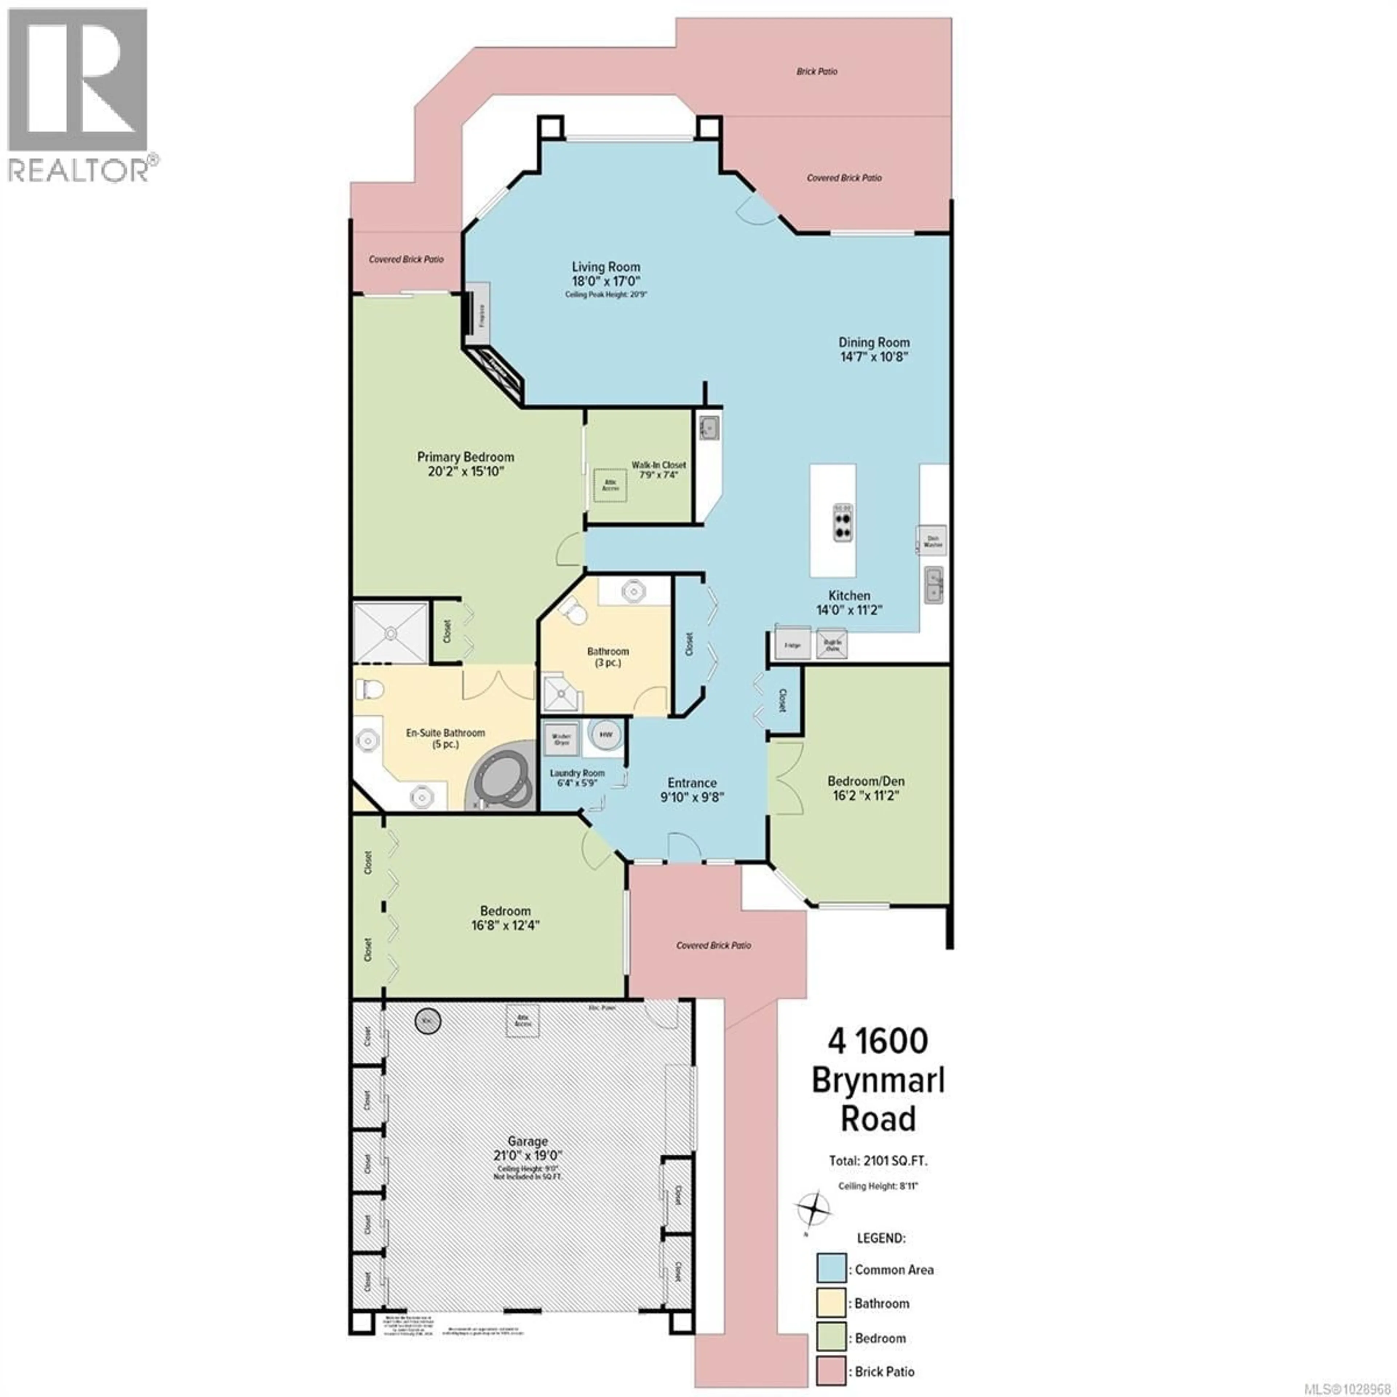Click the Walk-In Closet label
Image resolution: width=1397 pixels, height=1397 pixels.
pyautogui.click(x=658, y=465)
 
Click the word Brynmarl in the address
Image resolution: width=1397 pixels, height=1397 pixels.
pyautogui.click(x=878, y=1080)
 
